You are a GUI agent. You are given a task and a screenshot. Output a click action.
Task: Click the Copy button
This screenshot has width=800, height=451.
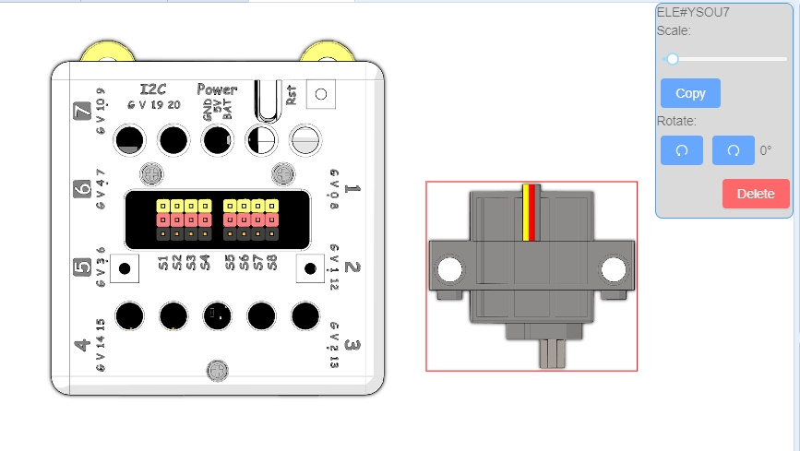pos(690,93)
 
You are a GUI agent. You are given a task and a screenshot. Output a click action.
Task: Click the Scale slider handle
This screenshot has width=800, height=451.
pos(673,59)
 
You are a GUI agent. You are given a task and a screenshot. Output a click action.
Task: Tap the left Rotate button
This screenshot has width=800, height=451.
pos(682,150)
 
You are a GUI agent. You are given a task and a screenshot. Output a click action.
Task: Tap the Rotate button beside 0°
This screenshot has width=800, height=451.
pos(734,150)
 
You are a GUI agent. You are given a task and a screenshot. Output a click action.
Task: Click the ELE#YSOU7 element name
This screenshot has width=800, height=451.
pos(693,12)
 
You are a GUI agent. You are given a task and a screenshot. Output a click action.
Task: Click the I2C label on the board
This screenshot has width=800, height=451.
pos(152,89)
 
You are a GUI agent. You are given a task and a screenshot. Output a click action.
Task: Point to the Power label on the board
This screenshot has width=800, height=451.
pos(217,89)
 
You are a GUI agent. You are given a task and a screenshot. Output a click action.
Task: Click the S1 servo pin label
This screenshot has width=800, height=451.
pos(163,264)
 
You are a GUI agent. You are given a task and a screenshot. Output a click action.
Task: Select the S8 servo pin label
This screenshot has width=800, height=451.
pos(273,264)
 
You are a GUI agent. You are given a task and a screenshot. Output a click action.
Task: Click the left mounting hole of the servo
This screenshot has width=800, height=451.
pos(449,270)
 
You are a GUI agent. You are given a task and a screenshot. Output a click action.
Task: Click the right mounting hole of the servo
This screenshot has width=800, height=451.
pos(614,270)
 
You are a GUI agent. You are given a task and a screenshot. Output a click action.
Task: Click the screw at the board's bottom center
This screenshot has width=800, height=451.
pos(217,371)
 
